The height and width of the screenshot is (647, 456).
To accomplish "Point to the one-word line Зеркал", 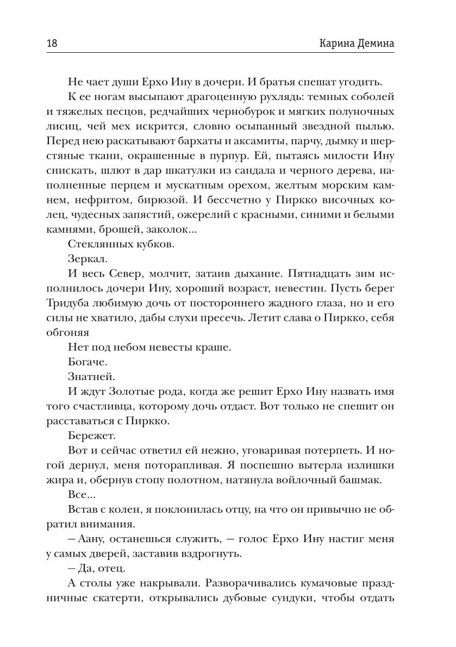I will [x=85, y=260].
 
